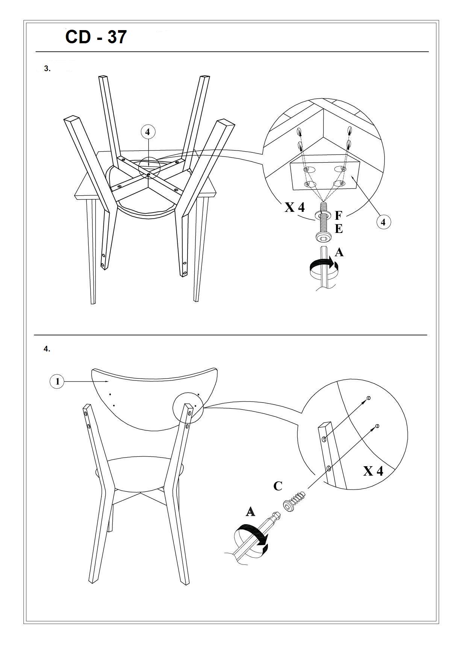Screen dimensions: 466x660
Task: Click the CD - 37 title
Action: click(x=96, y=37)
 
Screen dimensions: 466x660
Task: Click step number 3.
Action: click(x=47, y=69)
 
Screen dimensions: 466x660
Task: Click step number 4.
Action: click(x=47, y=349)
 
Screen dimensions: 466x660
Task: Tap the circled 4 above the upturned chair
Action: click(x=148, y=132)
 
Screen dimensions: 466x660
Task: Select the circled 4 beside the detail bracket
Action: click(x=383, y=222)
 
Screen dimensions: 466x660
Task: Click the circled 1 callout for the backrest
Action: click(x=57, y=382)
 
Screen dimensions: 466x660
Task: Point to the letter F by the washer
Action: click(x=338, y=216)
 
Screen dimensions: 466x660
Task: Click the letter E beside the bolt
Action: click(x=339, y=229)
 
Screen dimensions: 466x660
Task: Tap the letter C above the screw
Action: click(x=278, y=487)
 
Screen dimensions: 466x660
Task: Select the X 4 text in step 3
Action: click(x=295, y=207)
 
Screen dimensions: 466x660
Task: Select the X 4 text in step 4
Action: click(x=373, y=471)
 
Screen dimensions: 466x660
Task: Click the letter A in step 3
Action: click(x=339, y=252)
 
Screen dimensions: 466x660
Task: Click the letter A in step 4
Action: click(x=250, y=512)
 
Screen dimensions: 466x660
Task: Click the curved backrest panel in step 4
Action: click(x=154, y=399)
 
